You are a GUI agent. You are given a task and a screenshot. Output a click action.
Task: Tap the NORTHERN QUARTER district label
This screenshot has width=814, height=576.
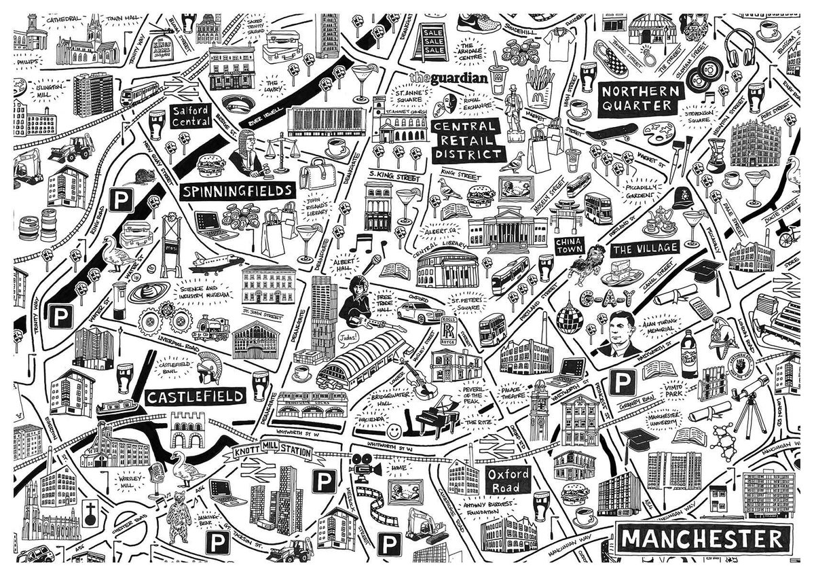tap(639, 98)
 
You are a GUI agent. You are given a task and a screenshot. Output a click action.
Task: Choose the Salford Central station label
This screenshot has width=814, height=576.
tap(190, 116)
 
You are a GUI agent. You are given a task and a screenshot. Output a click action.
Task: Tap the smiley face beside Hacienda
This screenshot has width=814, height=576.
tap(394, 431)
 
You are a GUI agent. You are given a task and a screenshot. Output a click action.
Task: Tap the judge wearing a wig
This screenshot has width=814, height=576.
tap(245, 154)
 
